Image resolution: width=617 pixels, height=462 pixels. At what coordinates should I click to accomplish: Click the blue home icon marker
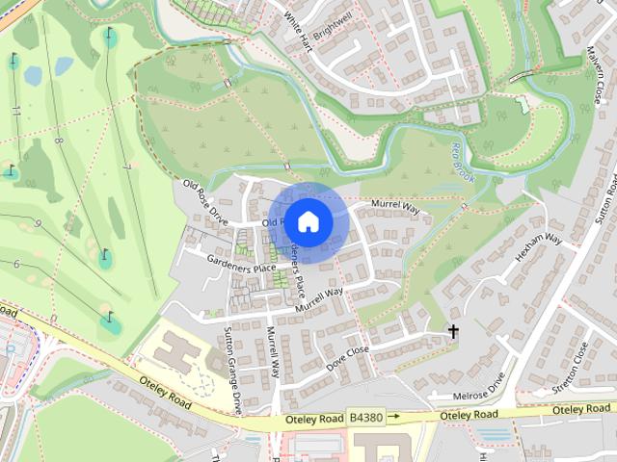coord(308,221)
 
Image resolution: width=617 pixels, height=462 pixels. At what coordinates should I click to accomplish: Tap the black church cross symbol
coord(452,332)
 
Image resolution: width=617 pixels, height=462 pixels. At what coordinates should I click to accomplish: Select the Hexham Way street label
coord(539,247)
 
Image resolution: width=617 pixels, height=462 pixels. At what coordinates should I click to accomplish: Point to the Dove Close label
coord(348,357)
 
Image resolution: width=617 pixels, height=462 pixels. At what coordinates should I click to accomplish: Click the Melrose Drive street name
coord(481,388)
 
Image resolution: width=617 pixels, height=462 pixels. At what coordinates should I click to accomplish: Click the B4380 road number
coord(365,418)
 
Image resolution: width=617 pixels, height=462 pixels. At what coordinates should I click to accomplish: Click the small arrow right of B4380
coord(393,418)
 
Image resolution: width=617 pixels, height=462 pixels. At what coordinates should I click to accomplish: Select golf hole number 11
coord(16,112)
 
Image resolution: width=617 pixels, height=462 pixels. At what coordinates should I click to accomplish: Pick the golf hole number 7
coord(126,167)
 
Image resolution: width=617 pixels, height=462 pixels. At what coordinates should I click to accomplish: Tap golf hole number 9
coord(38,224)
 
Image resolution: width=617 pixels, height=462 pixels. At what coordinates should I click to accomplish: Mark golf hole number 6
coord(16,264)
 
